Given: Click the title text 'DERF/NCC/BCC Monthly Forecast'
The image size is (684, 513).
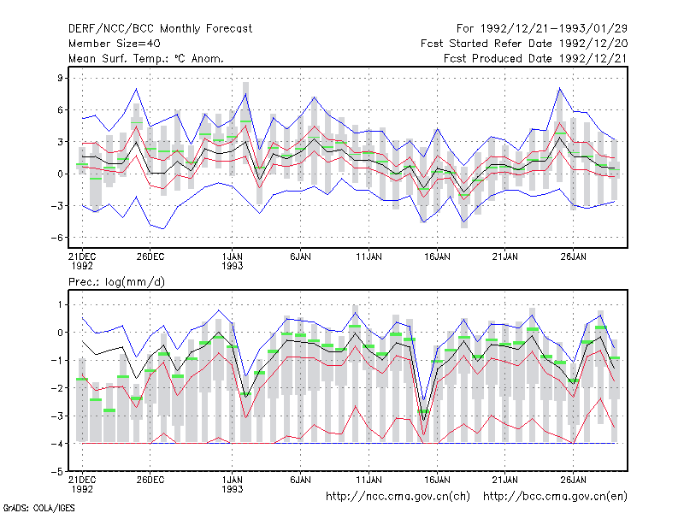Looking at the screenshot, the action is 160,29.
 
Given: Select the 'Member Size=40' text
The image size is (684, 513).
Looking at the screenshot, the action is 115,44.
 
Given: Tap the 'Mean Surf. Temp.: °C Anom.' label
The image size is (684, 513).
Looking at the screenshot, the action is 146,58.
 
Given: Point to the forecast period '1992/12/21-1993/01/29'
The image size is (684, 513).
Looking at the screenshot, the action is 553,29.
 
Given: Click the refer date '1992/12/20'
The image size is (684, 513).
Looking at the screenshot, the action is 593,44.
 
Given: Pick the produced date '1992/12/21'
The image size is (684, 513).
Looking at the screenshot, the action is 593,58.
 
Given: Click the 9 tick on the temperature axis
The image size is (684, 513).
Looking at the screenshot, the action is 60,78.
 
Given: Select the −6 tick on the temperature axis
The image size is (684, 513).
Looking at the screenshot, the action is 57,238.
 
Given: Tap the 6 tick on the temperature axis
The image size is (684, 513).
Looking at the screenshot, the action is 60,110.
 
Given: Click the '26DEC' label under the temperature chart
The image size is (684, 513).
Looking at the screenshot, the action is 150,256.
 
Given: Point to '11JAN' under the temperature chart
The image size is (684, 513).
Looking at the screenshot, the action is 369,256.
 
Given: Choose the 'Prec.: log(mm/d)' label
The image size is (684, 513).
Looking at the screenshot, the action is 116,282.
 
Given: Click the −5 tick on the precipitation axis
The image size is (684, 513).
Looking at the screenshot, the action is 57,472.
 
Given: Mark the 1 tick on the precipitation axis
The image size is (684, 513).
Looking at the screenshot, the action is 60,304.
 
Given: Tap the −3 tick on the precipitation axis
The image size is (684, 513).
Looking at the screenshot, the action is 57,416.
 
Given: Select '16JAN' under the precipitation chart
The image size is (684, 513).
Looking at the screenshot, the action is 437,480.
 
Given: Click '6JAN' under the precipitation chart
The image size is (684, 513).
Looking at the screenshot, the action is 301,480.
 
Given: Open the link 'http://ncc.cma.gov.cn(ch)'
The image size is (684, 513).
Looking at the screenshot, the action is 398,497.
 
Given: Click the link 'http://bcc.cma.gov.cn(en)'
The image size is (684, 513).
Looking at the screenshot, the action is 555,497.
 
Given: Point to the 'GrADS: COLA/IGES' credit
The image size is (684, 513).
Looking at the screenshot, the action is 38,508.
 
